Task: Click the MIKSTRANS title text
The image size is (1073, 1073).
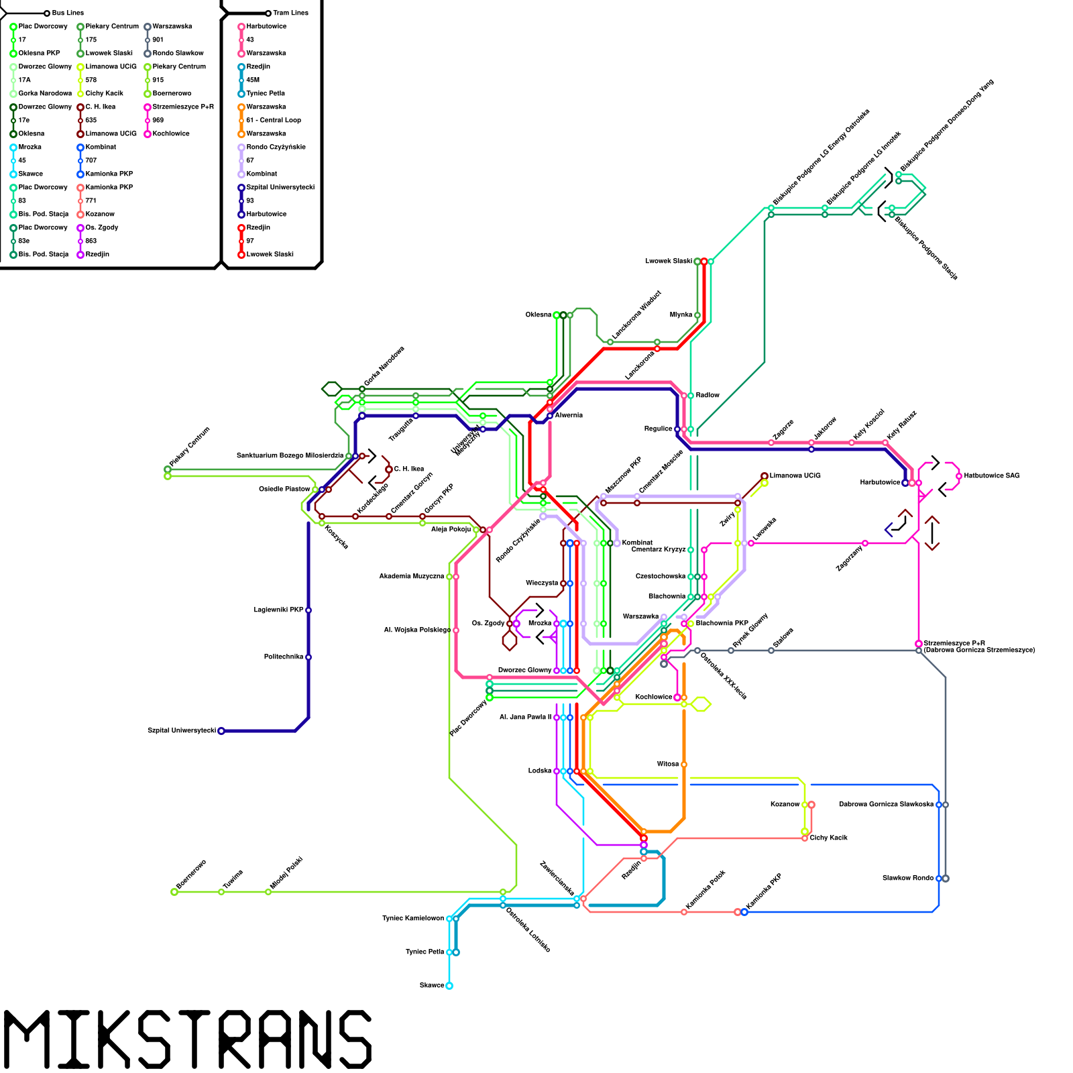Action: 188,1039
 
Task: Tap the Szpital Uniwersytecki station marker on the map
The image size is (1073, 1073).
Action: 221,731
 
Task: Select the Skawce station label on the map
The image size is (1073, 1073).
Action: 431,985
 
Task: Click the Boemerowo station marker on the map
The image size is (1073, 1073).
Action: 174,892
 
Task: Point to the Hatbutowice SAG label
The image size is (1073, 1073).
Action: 992,475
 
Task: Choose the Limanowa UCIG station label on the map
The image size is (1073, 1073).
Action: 795,475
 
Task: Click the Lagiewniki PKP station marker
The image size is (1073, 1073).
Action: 308,610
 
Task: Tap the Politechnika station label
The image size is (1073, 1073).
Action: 284,657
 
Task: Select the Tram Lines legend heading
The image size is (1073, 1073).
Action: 290,13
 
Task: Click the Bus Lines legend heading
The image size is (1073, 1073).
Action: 68,13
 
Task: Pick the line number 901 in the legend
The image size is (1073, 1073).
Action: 158,40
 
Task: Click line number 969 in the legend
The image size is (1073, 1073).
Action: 158,120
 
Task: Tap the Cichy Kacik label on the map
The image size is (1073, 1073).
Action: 829,838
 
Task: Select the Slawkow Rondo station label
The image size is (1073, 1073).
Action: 907,878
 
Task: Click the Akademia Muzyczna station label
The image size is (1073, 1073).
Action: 411,576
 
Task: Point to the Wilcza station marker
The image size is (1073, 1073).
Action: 684,765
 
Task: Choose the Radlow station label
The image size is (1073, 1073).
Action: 708,395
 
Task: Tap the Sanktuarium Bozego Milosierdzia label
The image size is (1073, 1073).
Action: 290,455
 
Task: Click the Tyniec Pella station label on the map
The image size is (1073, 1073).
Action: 425,952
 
